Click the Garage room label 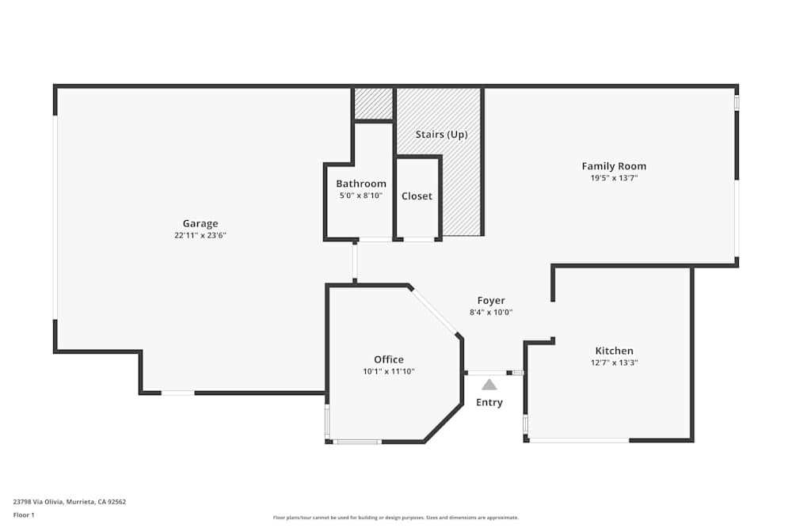point(200,223)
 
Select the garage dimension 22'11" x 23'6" point(200,235)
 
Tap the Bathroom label point(361,184)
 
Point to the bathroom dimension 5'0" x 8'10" point(361,196)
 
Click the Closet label point(417,196)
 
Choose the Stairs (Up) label point(441,135)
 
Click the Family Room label point(614,166)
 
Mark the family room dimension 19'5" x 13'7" point(614,178)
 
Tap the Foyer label point(491,301)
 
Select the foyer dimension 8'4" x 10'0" point(491,312)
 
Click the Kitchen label point(614,351)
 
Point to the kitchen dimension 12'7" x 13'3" point(614,363)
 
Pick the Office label point(389,359)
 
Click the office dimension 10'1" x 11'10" point(389,371)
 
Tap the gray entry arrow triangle point(489,385)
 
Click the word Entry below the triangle point(489,402)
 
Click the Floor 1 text point(24,515)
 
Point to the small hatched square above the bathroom point(373,103)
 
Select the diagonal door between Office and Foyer point(435,312)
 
